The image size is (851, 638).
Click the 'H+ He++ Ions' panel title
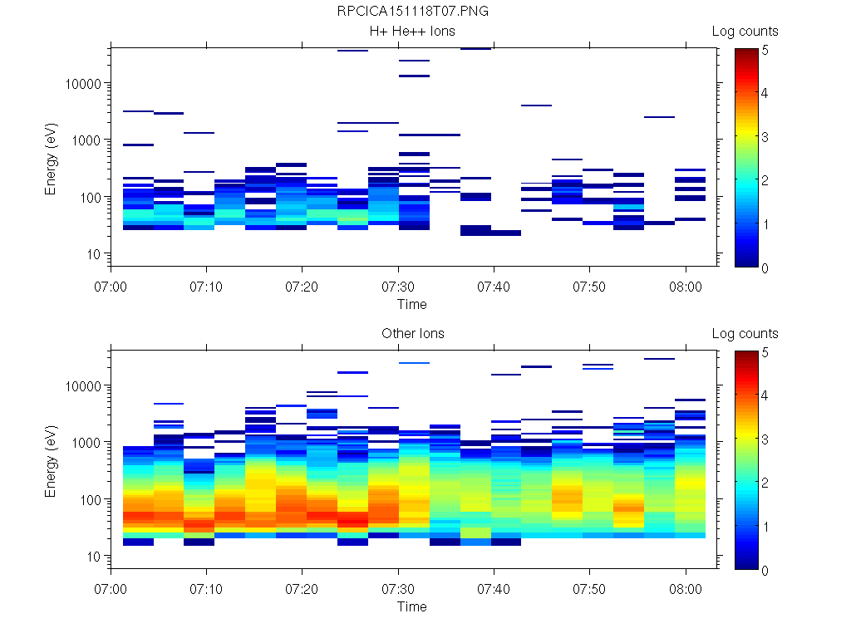click(413, 32)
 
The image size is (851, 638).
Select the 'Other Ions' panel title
click(413, 334)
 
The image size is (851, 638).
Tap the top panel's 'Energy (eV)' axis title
click(51, 159)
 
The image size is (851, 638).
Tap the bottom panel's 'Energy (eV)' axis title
click(51, 461)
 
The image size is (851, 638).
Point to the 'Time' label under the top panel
click(411, 304)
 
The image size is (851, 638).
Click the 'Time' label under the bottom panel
click(411, 606)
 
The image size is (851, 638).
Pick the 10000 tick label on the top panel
click(83, 84)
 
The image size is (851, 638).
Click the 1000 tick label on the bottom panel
click(86, 443)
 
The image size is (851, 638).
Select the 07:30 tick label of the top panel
click(399, 286)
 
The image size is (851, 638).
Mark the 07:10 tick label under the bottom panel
click(207, 588)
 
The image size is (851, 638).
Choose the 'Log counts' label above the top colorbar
click(745, 32)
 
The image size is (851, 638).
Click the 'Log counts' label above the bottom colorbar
click(745, 334)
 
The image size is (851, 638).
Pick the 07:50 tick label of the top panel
click(590, 286)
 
